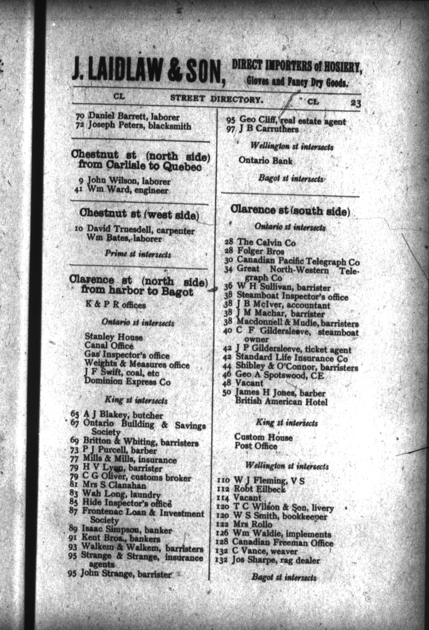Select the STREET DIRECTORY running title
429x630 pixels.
tap(216, 99)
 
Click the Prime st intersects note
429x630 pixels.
tap(138, 254)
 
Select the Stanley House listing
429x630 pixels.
tap(114, 337)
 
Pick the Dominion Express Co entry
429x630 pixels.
tap(127, 381)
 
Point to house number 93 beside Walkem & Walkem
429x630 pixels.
tap(73, 547)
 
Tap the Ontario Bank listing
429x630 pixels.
tap(266, 161)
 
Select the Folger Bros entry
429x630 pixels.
tap(260, 251)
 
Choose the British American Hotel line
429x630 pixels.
tap(281, 402)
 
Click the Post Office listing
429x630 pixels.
tap(256, 446)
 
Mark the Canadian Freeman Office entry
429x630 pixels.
tap(283, 542)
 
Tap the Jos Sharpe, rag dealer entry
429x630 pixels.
tap(276, 560)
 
